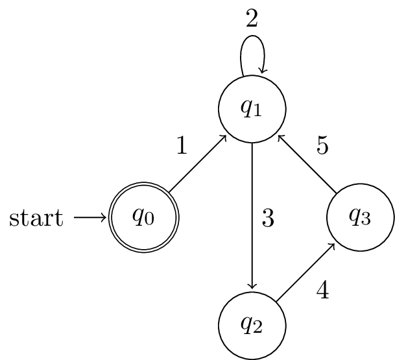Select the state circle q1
[252, 109]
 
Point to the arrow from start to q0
[90, 218]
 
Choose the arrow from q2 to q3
[305, 272]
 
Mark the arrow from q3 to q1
[306, 163]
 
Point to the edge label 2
[252, 18]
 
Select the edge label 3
[268, 219]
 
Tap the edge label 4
[322, 291]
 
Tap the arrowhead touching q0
[105, 218]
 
